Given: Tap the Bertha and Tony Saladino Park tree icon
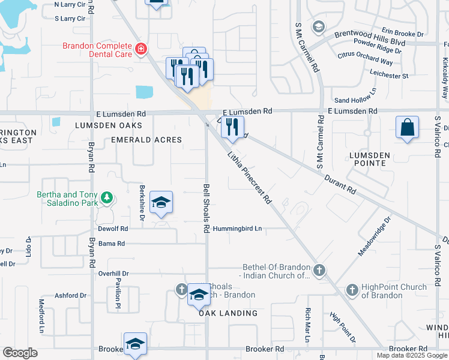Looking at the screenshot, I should coord(107,197).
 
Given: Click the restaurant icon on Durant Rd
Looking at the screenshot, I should coord(232,127).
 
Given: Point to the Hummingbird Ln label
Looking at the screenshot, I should coord(238,229).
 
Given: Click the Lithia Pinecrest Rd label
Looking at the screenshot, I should coord(250,178).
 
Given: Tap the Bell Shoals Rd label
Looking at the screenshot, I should coord(206,208).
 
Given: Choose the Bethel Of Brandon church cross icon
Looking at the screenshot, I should coord(319,271).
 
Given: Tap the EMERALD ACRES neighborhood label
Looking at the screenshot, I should coord(146,140).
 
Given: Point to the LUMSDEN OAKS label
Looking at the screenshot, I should coord(108,125).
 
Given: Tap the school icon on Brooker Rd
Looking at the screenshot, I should coord(135,344).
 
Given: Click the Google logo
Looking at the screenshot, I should coord(20,353).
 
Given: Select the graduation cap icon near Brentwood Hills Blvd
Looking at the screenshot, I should coord(318,26).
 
